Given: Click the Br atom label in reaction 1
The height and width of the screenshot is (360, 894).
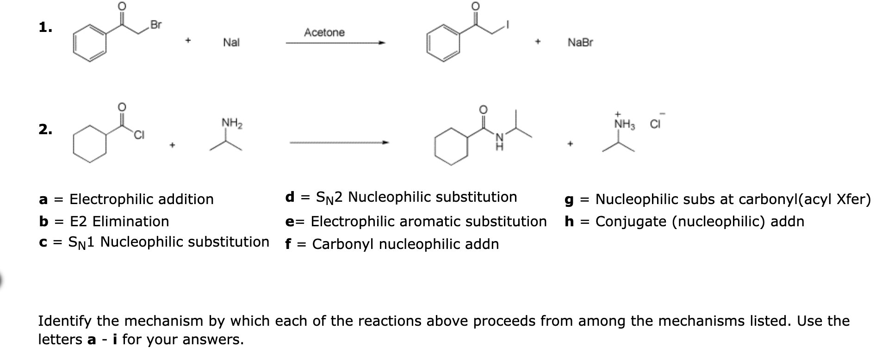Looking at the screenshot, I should [x=156, y=25].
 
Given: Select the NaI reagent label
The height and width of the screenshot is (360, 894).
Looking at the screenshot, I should [x=231, y=43].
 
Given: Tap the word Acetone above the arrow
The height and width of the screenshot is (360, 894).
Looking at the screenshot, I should [x=324, y=32].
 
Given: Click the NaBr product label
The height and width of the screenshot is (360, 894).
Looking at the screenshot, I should [x=580, y=43].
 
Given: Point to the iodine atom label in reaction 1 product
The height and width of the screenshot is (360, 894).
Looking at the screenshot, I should [x=508, y=25].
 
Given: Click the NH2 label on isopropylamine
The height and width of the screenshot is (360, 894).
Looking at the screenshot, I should [x=232, y=123].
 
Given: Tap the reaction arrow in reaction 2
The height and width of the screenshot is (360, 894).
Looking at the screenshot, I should [x=339, y=143].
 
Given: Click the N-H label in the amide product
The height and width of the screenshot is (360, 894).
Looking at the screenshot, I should [x=499, y=141].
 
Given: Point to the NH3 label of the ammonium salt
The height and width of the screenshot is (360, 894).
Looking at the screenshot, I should [x=625, y=124].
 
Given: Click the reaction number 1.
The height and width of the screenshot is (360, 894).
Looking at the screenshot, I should [x=45, y=28].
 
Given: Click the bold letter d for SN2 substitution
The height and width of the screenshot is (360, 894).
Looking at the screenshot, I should [x=290, y=197].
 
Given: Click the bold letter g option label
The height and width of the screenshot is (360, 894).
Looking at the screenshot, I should [x=569, y=200].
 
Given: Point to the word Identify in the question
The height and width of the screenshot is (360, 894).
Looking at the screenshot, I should [x=68, y=321].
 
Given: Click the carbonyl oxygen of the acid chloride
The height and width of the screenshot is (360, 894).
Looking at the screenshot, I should [x=121, y=106].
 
